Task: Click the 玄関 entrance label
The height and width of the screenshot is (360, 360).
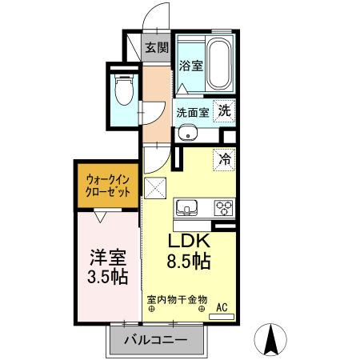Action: (x=157, y=48)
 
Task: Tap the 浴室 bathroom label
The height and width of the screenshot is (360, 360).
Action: (x=190, y=66)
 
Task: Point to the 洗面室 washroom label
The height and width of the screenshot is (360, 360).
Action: (x=192, y=112)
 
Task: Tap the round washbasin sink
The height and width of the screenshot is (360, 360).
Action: (x=187, y=134)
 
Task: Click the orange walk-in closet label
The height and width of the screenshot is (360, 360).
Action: (x=108, y=185)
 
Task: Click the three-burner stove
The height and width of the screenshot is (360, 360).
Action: (x=223, y=209)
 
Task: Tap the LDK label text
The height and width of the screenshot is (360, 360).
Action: (x=189, y=242)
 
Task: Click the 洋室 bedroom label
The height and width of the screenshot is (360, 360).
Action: (x=107, y=258)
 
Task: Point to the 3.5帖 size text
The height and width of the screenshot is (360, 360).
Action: (x=107, y=278)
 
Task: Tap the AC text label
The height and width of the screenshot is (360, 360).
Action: (x=223, y=306)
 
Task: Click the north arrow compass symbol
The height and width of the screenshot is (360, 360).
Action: (x=272, y=340)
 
